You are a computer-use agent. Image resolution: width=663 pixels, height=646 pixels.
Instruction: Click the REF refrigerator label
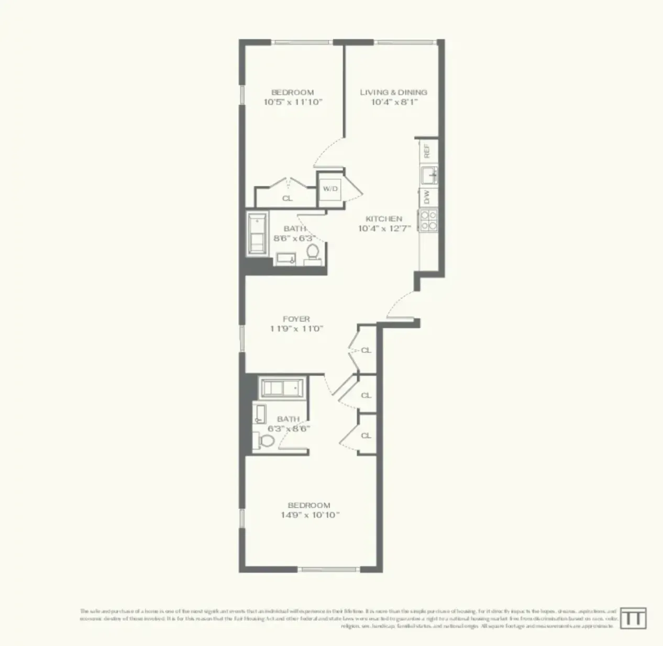point(427,151)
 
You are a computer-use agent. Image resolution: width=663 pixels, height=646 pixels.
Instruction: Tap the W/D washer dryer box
point(330,189)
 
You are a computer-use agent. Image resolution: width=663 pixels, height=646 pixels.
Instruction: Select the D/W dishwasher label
point(427,197)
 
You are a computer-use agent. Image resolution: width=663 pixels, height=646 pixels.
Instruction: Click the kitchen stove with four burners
point(428,220)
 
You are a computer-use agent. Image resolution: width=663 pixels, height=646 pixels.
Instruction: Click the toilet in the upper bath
point(313,252)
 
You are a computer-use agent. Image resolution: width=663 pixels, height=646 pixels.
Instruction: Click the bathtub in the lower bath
point(282,388)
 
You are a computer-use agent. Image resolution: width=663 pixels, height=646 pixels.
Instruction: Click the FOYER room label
point(296,318)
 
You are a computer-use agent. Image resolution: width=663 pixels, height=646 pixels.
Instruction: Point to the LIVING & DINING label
point(393,92)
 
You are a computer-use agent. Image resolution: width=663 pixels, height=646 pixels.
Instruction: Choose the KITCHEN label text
point(384,219)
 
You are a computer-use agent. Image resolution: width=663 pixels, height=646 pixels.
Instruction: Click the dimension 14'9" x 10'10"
point(309,515)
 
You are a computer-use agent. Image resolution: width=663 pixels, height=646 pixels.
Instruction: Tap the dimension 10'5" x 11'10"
point(293,102)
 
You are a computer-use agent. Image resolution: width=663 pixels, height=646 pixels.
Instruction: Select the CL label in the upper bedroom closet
point(288,198)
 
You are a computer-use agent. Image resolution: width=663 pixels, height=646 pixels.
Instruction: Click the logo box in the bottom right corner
point(633,618)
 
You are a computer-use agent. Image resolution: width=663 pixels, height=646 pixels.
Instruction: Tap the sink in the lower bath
point(259,414)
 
